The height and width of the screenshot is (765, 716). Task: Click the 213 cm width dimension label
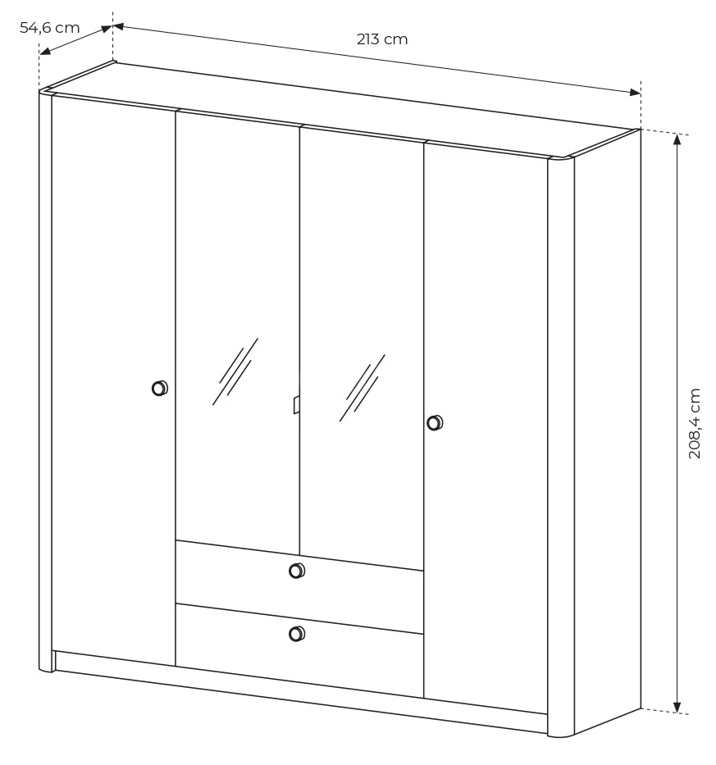point(381,39)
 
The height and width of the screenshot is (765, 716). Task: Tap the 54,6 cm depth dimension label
point(49,28)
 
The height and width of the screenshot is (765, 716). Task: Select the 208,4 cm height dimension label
point(694,423)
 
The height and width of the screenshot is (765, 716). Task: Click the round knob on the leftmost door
point(160,389)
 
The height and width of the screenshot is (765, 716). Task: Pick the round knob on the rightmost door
point(435,422)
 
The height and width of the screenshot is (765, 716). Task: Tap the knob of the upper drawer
point(297,571)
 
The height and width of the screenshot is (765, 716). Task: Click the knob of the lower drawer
point(297,634)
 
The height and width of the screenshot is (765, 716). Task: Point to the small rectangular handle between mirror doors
point(296,405)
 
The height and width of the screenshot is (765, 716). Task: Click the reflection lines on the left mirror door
point(235,371)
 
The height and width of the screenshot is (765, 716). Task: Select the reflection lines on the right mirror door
point(363,388)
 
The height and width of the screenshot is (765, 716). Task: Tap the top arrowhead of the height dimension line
point(677,139)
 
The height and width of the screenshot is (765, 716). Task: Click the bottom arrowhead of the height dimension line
point(677,707)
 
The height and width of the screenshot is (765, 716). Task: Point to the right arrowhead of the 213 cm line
point(635,92)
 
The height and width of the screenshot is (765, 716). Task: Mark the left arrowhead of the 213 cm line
point(119,26)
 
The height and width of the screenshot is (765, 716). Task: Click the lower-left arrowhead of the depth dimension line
point(45,51)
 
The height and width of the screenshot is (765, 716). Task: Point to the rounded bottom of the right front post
point(561,732)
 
